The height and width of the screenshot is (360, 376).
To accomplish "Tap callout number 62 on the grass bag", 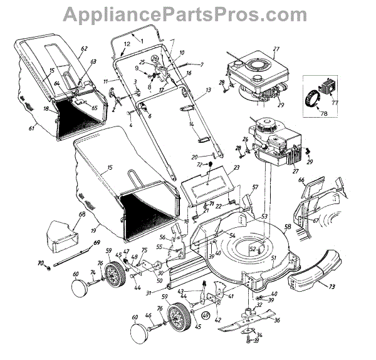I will coord(84,49).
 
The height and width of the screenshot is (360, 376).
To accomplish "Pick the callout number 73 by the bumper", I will coord(332,287).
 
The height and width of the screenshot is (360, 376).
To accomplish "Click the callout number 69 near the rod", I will coord(96,242).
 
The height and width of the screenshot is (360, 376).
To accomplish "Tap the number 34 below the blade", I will coord(260,336).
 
